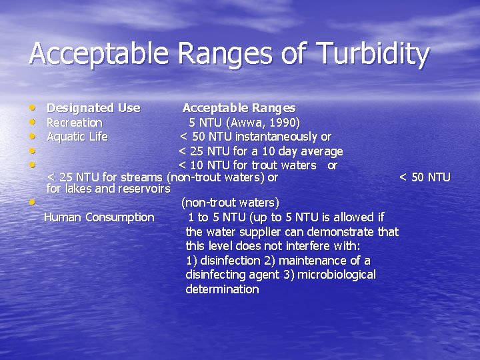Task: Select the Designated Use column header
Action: point(93,108)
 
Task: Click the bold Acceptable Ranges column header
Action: point(239,108)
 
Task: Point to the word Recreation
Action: point(74,123)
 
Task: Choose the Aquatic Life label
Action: point(77,137)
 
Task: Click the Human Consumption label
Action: point(99,217)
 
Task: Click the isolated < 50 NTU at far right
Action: point(425,177)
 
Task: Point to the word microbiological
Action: point(337,275)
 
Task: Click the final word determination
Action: point(222,289)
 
